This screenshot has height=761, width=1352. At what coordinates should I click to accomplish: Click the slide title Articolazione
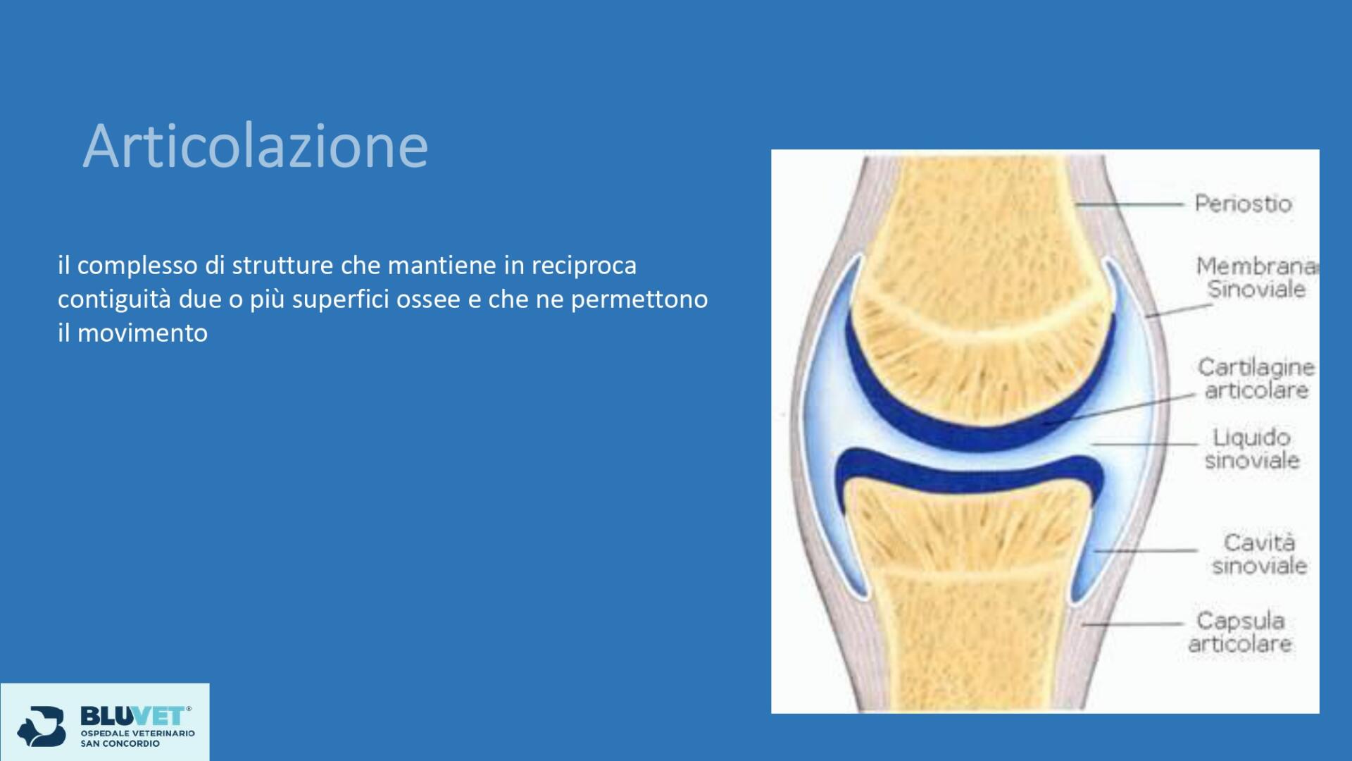(256, 146)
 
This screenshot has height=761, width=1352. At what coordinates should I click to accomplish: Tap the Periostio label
(1243, 204)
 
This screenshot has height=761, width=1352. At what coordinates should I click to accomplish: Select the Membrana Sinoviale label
(1257, 278)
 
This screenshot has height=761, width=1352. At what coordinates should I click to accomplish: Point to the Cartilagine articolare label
(1256, 378)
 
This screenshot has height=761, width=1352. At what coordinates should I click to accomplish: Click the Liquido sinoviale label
(1252, 449)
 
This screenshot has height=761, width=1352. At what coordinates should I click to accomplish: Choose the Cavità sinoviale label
(1259, 554)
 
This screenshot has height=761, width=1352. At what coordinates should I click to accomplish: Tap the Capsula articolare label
(1240, 632)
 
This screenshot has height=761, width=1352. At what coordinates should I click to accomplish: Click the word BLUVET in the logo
(134, 716)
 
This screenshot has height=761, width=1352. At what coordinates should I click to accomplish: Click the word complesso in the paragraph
(137, 266)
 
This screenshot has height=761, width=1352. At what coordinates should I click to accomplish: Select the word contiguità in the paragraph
(114, 299)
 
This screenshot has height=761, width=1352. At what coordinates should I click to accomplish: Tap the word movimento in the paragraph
(142, 333)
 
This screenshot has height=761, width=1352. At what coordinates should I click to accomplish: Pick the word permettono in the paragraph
(639, 299)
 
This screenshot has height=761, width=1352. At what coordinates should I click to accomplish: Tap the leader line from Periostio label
(1129, 204)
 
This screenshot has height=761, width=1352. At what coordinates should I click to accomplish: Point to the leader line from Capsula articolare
(1132, 624)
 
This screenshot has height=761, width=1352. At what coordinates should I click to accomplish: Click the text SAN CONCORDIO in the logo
(120, 743)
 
